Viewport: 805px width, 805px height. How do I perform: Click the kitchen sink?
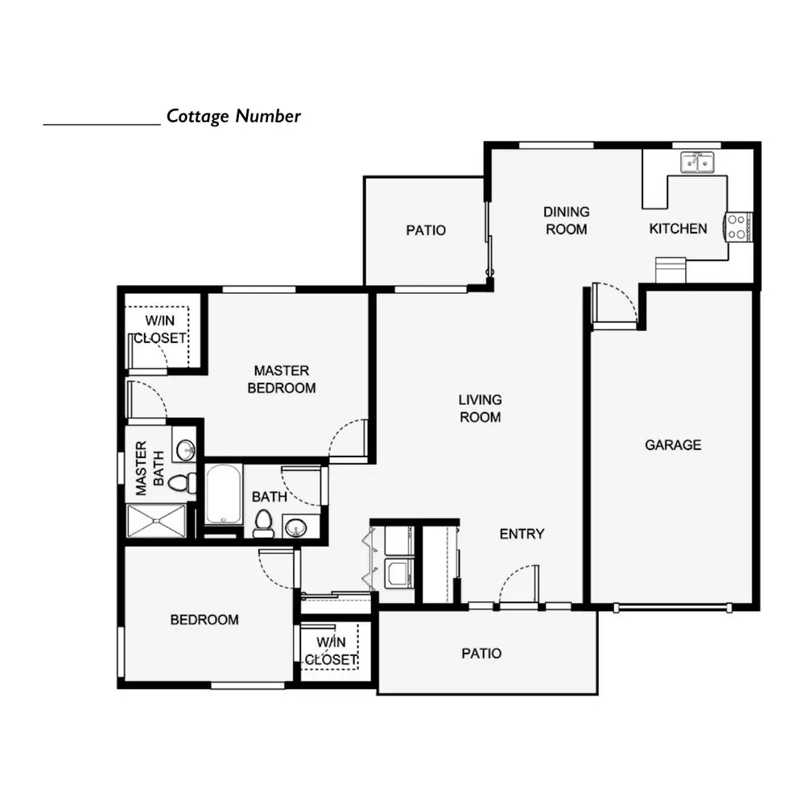[x=697, y=163]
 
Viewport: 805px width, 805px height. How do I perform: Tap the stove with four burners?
[x=737, y=227]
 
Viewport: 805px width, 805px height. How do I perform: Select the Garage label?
[x=673, y=444]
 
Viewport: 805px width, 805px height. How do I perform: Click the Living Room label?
[x=480, y=408]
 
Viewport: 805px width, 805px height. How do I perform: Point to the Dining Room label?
[x=566, y=221]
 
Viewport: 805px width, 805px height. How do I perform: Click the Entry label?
[x=522, y=534]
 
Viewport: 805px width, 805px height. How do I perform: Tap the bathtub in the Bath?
[x=224, y=494]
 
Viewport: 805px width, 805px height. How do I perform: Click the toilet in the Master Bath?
[x=182, y=482]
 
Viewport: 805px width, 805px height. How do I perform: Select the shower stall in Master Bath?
[x=156, y=521]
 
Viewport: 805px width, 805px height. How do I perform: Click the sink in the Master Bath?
[x=185, y=450]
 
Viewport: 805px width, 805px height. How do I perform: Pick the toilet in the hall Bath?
[x=263, y=523]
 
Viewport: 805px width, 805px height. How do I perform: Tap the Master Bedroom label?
[x=281, y=379]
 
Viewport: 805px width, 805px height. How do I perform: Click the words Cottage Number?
[x=233, y=116]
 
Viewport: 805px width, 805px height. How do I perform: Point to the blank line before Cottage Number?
[x=101, y=124]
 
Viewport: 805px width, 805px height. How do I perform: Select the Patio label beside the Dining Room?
[x=426, y=230]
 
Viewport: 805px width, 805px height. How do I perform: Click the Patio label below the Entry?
[x=481, y=653]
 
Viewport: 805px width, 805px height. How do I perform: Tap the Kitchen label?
[x=678, y=229]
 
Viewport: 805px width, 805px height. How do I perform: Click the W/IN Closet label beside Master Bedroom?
[x=159, y=329]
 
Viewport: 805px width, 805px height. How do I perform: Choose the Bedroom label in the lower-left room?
[x=204, y=620]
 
